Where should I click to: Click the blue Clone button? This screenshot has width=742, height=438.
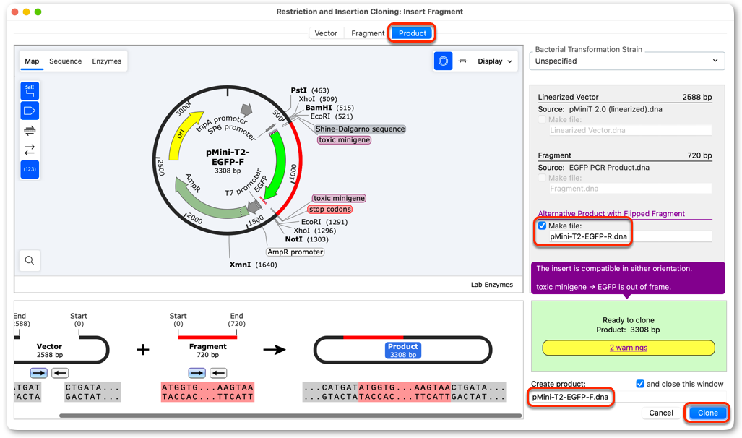point(707,413)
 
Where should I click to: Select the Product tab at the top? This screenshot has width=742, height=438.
point(412,33)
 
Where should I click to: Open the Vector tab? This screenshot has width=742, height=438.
point(326,33)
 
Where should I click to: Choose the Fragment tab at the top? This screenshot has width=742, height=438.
point(368,33)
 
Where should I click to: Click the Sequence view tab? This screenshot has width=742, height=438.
point(65,61)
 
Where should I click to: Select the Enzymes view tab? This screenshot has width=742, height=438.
point(106,61)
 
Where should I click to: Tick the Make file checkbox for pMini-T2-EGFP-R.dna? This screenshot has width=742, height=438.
point(543,226)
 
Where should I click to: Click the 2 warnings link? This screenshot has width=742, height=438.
point(629,348)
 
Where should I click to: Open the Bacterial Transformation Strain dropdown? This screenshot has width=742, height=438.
point(627,61)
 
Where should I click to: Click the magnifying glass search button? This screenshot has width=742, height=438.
point(30,260)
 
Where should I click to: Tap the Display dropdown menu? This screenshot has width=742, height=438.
point(494,61)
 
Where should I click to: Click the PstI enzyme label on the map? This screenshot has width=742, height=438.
point(298,90)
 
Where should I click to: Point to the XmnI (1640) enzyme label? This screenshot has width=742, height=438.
point(253,265)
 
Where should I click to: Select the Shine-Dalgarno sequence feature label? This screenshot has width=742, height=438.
point(360,129)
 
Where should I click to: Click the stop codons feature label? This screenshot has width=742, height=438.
point(330,210)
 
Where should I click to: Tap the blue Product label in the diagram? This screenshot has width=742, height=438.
point(402,351)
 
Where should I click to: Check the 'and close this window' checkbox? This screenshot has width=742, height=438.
point(640,384)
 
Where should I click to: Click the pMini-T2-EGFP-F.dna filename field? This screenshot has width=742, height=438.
point(570,397)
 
